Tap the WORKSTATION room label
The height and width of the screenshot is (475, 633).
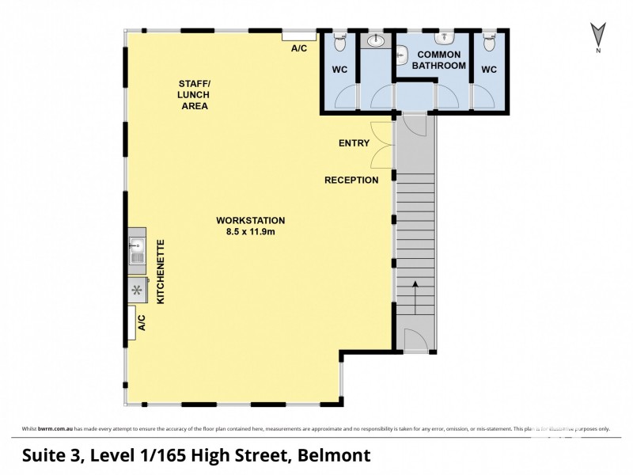251,220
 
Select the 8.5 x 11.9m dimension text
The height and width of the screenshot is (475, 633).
251,232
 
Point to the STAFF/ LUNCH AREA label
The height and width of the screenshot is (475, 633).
195,94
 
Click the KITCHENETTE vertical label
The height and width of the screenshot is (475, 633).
161,272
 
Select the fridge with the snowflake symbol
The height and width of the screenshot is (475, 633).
137,291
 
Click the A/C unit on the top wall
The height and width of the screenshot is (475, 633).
299,35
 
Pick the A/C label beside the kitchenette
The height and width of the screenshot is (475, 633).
142,323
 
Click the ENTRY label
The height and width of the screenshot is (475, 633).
354,143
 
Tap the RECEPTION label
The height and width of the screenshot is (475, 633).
351,180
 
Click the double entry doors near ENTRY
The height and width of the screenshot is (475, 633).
382,144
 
